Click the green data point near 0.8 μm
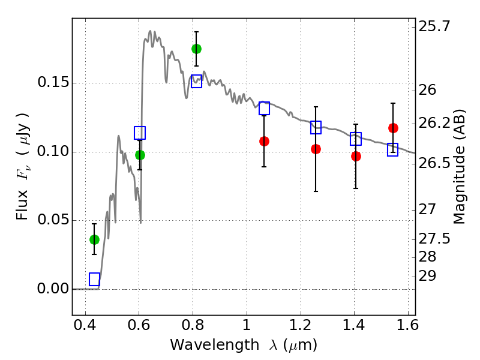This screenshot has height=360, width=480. click(196, 49)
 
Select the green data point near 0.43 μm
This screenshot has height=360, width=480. click(94, 239)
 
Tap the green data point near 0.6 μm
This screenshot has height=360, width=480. click(140, 155)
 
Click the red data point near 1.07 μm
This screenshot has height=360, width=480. click(264, 141)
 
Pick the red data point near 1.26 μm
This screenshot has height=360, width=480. click(316, 149)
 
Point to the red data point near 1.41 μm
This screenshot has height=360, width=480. click(356, 156)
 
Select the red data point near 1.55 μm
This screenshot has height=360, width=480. click(393, 128)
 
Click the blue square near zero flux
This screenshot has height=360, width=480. click(94, 279)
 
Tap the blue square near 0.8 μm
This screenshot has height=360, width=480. click(196, 82)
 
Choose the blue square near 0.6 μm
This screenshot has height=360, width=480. click(140, 133)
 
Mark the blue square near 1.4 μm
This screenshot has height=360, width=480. click(356, 139)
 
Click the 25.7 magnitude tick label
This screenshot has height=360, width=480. click(434, 26)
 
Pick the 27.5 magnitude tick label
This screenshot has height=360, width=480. click(434, 239)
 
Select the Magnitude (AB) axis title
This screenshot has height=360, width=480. click(460, 167)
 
